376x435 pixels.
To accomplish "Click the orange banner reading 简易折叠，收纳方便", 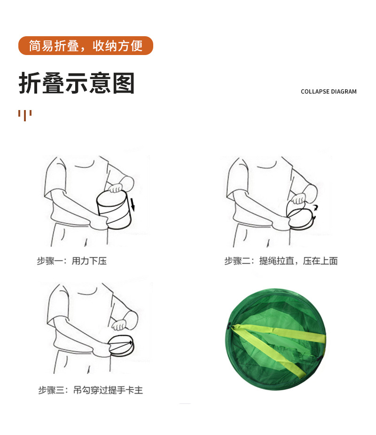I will pyautogui.click(x=86, y=46).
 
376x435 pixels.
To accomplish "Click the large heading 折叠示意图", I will pyautogui.click(x=77, y=83).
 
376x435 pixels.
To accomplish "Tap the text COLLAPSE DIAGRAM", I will pyautogui.click(x=329, y=92).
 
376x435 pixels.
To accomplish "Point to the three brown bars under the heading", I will pyautogui.click(x=25, y=114).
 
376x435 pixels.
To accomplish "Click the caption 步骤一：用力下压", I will pyautogui.click(x=72, y=261).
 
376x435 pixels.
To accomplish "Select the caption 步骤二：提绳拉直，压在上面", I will pyautogui.click(x=281, y=261).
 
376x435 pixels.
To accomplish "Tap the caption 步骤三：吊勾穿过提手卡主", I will pyautogui.click(x=91, y=390).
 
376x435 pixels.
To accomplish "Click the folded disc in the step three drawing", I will pyautogui.click(x=122, y=347).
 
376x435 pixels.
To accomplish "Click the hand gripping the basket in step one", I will pyautogui.click(x=115, y=188).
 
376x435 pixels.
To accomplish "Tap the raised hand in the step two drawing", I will pyautogui.click(x=299, y=198).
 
